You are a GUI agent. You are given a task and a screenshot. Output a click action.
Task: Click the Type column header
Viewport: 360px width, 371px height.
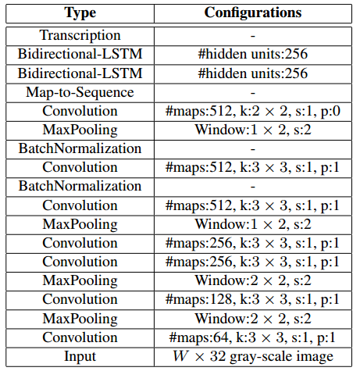click(x=80, y=12)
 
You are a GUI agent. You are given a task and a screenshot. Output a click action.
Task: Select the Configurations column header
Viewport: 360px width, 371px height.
click(x=253, y=12)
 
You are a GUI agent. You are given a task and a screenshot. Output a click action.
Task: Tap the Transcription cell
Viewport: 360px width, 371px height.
click(x=80, y=36)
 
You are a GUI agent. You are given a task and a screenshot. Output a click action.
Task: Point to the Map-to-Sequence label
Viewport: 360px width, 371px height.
click(x=80, y=92)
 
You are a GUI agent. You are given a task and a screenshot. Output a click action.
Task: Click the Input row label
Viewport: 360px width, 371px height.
click(x=80, y=356)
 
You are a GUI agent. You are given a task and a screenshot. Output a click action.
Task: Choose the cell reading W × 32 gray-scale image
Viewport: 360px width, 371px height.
click(x=253, y=356)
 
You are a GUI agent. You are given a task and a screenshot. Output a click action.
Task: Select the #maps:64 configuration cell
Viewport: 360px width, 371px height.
click(x=253, y=337)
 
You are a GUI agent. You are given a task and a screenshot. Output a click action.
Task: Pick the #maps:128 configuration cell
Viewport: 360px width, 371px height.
click(x=253, y=300)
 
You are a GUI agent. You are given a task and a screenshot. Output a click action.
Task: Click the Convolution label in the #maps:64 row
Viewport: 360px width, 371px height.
click(x=80, y=337)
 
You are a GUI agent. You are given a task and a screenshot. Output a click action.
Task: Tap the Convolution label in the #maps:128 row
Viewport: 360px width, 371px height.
click(x=80, y=300)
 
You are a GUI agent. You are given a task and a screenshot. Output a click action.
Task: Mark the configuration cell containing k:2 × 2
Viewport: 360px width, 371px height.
click(x=253, y=111)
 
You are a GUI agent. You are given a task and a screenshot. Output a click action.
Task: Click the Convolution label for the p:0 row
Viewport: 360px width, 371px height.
click(x=80, y=111)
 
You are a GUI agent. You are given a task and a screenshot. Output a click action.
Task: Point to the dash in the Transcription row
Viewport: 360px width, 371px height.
click(x=253, y=36)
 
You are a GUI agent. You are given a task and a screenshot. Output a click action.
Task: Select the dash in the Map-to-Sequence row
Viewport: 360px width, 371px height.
click(x=253, y=92)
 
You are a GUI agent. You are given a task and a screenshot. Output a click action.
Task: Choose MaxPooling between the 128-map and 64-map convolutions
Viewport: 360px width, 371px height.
click(x=80, y=319)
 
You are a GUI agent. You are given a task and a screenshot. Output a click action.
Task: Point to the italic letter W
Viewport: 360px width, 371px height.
click(x=180, y=356)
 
